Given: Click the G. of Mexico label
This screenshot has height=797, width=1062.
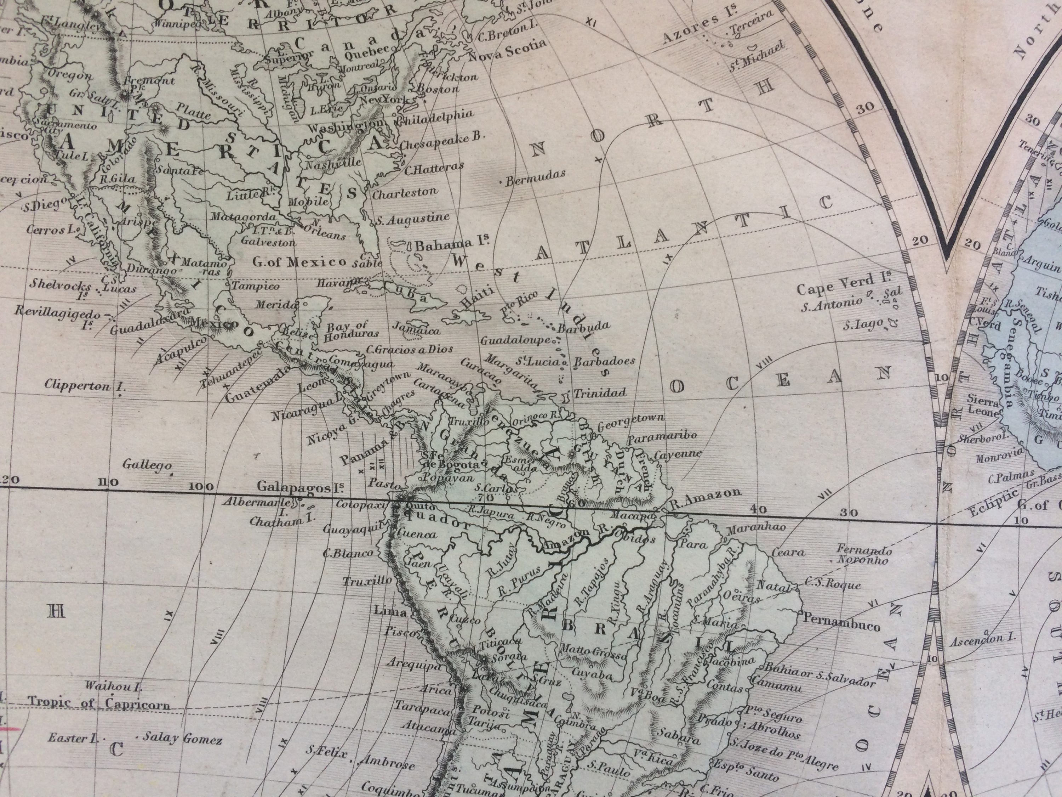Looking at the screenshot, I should [x=299, y=262].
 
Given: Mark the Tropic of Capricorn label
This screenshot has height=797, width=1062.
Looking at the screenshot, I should [x=98, y=703].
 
